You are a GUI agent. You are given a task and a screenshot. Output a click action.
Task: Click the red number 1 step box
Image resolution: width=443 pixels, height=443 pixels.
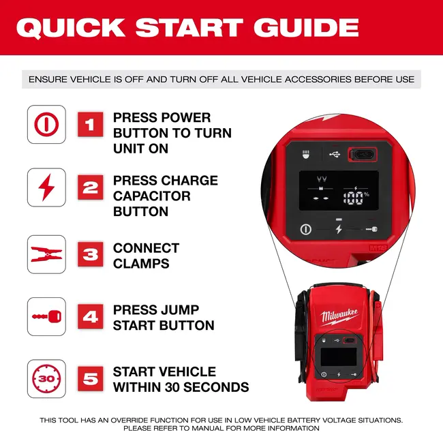[90, 125]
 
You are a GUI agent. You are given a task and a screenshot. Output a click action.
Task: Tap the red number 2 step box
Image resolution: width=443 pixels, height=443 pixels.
[90, 187]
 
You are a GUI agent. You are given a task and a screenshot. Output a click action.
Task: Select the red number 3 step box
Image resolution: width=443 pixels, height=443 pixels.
[90, 255]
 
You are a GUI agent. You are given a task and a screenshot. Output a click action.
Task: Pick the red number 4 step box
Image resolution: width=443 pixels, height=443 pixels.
[90, 317]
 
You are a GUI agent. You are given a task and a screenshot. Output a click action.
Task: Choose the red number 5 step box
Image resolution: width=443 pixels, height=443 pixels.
[90, 379]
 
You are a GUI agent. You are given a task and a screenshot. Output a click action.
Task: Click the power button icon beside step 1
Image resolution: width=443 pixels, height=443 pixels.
[46, 125]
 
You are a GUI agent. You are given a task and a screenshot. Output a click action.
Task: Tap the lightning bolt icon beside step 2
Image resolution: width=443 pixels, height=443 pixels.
[46, 187]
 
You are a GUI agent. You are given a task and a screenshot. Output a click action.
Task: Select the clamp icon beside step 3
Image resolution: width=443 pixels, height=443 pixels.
[46, 255]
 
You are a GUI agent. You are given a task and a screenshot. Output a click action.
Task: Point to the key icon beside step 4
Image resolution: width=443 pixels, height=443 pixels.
[46, 317]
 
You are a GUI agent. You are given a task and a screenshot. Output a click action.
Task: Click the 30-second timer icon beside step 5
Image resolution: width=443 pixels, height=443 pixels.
[46, 379]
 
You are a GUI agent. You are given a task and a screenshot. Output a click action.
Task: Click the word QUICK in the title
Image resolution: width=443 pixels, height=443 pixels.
[70, 27]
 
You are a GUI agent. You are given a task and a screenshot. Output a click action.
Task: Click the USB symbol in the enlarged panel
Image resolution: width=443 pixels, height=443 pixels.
[334, 154]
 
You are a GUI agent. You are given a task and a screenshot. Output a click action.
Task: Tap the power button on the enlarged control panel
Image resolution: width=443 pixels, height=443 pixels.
[305, 229]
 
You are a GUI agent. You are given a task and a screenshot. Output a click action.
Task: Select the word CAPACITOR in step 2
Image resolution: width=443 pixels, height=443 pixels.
[151, 196]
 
